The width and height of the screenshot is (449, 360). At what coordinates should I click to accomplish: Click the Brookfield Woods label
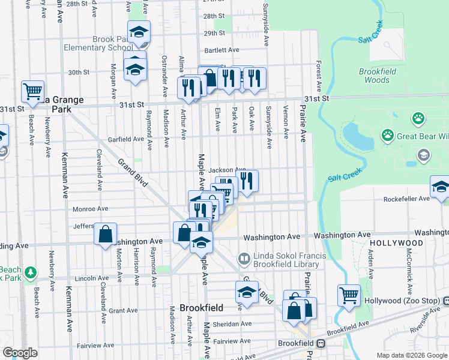coord(377,75)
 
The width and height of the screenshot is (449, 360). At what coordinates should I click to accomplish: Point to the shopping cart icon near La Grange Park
coord(32,91)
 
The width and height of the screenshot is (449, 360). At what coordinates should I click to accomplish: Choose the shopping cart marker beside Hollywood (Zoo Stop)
coord(349,295)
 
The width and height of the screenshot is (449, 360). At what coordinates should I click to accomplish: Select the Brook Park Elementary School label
coord(113,43)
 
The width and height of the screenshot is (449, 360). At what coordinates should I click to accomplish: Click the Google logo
coord(20,353)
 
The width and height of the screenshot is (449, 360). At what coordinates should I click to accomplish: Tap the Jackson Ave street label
coord(227,170)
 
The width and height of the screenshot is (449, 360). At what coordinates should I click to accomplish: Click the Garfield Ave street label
coord(125,139)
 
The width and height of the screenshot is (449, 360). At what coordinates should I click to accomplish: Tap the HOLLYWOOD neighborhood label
coord(393,242)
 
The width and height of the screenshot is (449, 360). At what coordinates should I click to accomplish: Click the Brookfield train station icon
coord(321,344)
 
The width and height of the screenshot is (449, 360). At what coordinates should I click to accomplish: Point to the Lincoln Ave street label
coord(91,278)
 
